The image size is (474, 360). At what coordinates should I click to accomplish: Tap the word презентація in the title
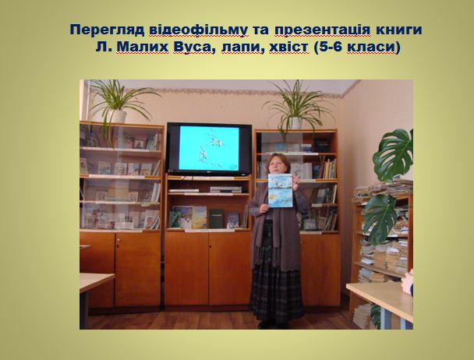click(x=323, y=30)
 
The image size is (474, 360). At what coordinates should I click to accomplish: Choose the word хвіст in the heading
click(x=288, y=48)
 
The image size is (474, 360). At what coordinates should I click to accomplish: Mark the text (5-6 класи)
click(x=357, y=48)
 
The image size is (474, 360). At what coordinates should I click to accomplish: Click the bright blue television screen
click(x=209, y=148)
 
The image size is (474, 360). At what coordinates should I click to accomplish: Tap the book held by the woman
click(x=281, y=190)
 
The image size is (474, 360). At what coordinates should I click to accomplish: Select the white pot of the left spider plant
click(x=118, y=116)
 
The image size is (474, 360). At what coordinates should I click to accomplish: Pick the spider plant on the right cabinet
click(x=298, y=108)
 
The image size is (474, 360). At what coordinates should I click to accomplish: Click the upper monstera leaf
click(x=393, y=155)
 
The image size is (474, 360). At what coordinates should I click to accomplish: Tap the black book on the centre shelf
click(x=217, y=218)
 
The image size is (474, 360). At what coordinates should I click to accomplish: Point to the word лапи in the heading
click(x=242, y=48)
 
